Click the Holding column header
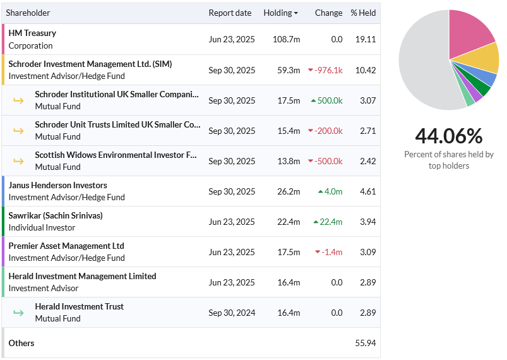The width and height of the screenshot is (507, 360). [x=280, y=13]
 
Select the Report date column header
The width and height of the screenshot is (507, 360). [x=230, y=13]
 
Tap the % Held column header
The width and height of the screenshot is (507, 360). [x=363, y=13]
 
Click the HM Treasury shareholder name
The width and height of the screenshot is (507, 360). [x=32, y=33]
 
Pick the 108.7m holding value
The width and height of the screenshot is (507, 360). [x=286, y=39]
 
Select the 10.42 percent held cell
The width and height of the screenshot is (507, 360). [x=366, y=70]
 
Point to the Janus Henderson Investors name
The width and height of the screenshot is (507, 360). [x=58, y=185]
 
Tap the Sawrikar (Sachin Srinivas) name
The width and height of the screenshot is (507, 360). [x=56, y=216]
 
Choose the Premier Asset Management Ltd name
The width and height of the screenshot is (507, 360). [x=66, y=246]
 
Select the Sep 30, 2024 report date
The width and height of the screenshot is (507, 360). [x=232, y=313]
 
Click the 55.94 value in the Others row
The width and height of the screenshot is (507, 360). [x=366, y=343]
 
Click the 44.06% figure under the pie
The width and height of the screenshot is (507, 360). [x=449, y=136]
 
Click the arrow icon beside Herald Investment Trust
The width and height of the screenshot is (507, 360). [x=18, y=313]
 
